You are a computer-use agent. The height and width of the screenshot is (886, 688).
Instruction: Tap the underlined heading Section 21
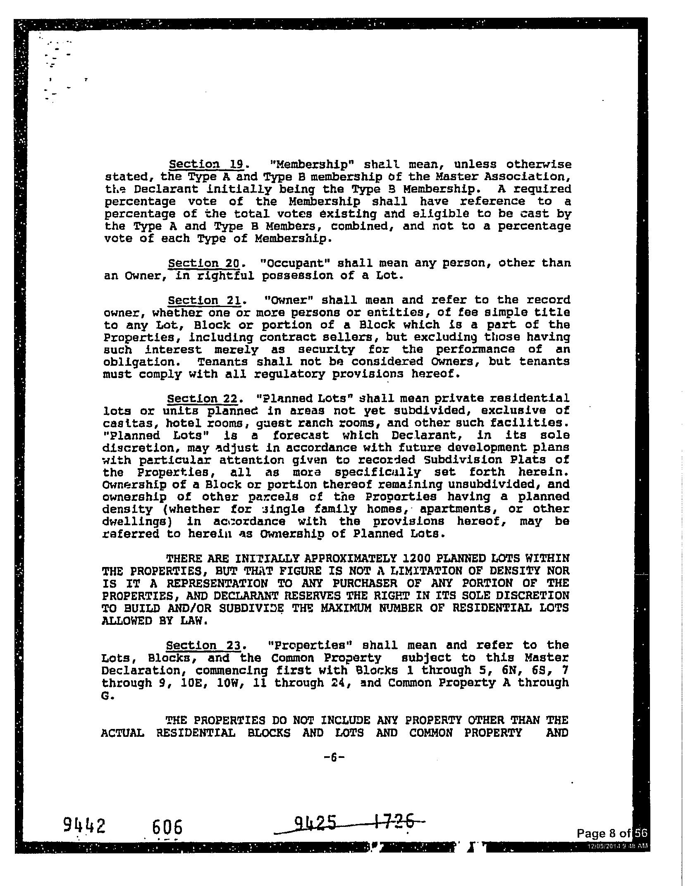pyautogui.click(x=204, y=300)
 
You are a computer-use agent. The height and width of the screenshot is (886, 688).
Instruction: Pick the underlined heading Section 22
pyautogui.click(x=203, y=398)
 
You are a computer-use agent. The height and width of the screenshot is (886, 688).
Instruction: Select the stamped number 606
pyautogui.click(x=167, y=828)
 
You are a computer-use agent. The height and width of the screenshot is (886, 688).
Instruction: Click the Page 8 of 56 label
pyautogui.click(x=612, y=834)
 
